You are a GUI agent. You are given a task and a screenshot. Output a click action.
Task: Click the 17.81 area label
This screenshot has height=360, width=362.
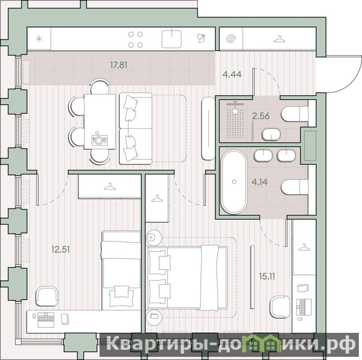point(119,65)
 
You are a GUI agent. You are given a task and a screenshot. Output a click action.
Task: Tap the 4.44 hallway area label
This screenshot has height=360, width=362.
point(232,74)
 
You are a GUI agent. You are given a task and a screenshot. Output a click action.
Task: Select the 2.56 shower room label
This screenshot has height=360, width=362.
point(261,116)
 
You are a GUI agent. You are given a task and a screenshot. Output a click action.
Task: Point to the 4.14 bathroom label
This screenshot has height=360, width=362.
point(259,182)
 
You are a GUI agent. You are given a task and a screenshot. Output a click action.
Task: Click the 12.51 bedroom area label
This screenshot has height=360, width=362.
point(61,250)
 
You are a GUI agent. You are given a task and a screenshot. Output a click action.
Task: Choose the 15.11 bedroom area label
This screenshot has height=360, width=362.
point(267,276)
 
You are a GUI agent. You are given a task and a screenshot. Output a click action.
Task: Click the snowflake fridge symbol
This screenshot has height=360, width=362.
point(39,38)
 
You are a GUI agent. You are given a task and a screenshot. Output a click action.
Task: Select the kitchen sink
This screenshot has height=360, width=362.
point(171,39)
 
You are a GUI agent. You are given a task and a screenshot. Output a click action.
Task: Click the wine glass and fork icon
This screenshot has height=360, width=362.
point(201,38)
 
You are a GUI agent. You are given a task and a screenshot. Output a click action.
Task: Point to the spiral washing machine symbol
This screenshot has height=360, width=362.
point(231,38)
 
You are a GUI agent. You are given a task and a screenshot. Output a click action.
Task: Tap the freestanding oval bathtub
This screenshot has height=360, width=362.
point(234,182)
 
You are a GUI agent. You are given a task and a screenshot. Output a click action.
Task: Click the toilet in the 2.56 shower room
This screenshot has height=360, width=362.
point(295,114)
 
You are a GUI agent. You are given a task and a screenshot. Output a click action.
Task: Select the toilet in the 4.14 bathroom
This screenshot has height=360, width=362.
point(295,187)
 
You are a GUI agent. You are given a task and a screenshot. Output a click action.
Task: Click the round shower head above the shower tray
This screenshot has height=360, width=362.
point(235,111)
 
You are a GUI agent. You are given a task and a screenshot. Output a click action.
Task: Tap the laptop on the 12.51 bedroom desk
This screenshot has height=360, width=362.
point(46,320)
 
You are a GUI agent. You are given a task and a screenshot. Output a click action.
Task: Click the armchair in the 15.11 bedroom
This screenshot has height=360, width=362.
point(280,307)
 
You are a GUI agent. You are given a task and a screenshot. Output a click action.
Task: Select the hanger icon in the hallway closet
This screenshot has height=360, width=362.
point(279,39)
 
